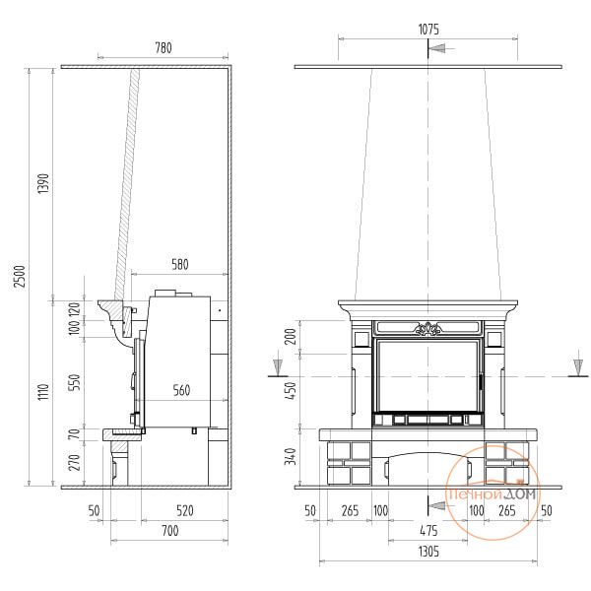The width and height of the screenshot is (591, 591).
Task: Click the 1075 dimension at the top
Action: (x=428, y=30)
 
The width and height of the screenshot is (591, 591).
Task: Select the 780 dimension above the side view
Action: (x=164, y=48)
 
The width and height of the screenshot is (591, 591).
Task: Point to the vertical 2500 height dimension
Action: (x=20, y=276)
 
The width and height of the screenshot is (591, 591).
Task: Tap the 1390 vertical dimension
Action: (x=43, y=183)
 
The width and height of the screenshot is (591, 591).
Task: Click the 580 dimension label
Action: (x=180, y=264)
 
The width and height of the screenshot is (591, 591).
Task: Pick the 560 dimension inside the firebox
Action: (x=181, y=390)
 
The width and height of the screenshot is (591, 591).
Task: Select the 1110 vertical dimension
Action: (x=43, y=392)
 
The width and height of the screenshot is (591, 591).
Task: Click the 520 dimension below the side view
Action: (x=185, y=510)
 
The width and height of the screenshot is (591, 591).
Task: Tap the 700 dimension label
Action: (x=170, y=531)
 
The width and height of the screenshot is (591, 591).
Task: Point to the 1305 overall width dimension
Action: (x=428, y=552)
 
